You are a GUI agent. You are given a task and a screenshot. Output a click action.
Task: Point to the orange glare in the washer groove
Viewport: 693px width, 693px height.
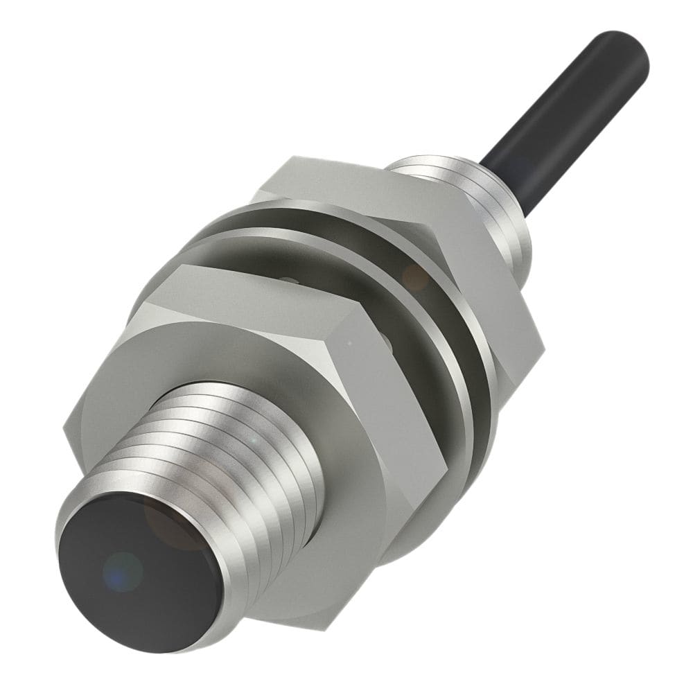[416, 277]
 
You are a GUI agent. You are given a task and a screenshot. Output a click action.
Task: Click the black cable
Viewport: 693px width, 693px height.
[568, 104]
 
